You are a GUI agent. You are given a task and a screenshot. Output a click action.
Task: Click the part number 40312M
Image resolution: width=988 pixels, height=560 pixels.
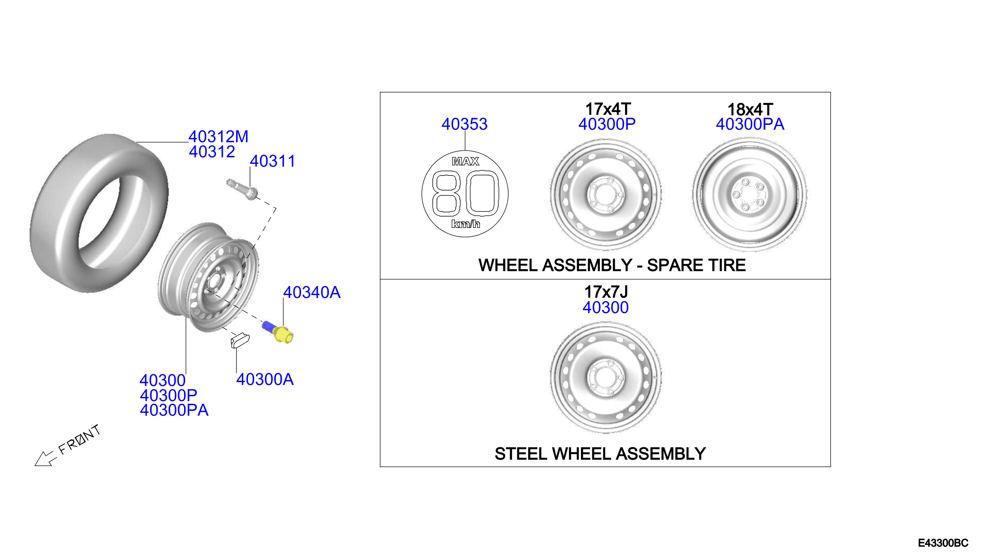pyautogui.click(x=218, y=137)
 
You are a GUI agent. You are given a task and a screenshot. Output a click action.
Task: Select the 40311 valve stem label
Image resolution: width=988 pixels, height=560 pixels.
pyautogui.click(x=273, y=161)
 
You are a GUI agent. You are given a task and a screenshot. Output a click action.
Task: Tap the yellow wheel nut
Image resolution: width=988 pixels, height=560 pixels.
pyautogui.click(x=284, y=335)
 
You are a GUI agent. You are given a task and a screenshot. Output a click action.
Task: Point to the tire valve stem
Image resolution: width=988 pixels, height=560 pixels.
pyautogui.click(x=242, y=189)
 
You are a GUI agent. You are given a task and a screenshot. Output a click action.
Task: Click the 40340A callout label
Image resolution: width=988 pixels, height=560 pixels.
pyautogui.click(x=312, y=292)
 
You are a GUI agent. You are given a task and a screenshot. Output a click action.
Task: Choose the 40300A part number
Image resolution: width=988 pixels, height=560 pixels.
pyautogui.click(x=265, y=380)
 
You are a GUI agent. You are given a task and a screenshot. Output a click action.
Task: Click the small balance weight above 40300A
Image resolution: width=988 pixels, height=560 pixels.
pyautogui.click(x=240, y=340)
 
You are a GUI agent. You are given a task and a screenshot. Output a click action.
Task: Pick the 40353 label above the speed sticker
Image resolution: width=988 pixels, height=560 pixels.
pyautogui.click(x=464, y=124)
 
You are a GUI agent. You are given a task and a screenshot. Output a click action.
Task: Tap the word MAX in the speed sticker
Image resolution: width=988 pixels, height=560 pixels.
pyautogui.click(x=465, y=162)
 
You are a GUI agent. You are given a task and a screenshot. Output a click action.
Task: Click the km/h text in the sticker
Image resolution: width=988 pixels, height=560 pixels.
pyautogui.click(x=465, y=224)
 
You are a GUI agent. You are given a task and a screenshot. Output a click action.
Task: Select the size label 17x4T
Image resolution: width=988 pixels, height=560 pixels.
pyautogui.click(x=608, y=109)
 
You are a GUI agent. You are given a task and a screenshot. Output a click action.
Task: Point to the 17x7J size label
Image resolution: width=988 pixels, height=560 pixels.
pyautogui.click(x=606, y=292)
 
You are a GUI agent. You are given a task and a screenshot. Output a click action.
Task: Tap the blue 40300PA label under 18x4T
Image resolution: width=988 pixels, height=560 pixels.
pyautogui.click(x=750, y=124)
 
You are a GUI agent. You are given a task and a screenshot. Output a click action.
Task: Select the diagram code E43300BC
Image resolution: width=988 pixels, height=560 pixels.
pyautogui.click(x=943, y=543)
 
